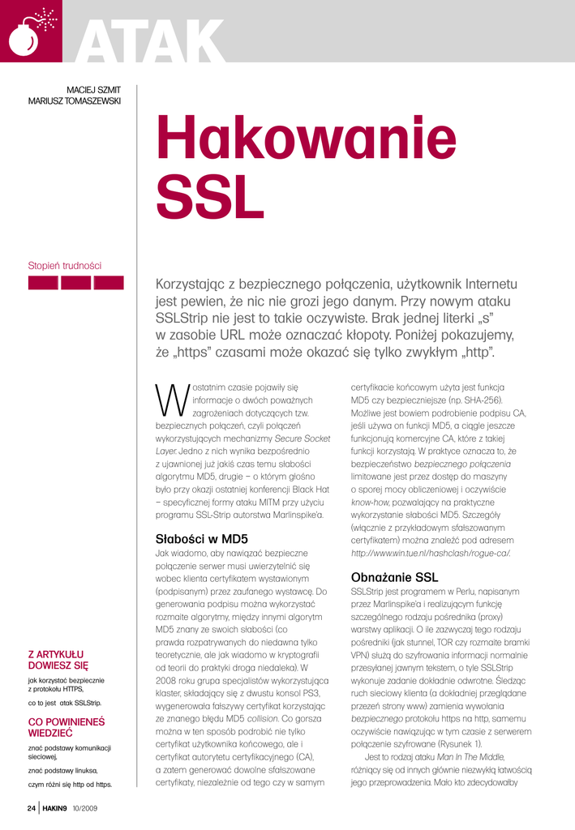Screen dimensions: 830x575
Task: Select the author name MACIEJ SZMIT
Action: [93, 89]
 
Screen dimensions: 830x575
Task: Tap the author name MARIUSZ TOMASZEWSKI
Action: [75, 101]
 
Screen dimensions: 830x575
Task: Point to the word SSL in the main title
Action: [204, 198]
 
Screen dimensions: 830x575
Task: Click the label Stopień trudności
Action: [65, 265]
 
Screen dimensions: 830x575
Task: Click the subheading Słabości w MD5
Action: [201, 538]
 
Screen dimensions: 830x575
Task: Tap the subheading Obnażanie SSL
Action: [394, 578]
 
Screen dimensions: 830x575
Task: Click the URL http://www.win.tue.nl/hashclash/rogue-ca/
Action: [431, 553]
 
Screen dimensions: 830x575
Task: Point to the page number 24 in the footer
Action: [31, 808]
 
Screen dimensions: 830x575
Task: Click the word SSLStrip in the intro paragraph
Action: [186, 319]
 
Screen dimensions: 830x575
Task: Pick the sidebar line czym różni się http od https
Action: [70, 784]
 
